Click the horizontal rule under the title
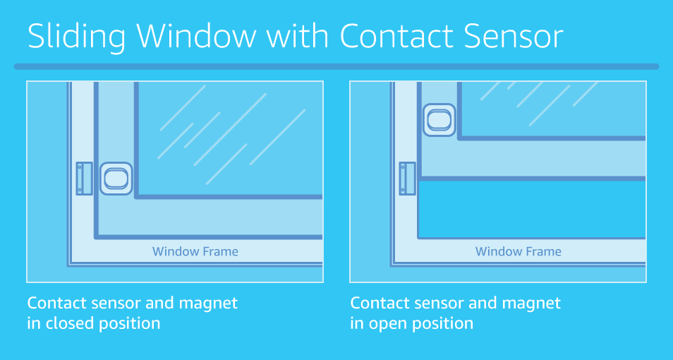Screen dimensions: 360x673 coord(336,67)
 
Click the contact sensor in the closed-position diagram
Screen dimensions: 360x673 coord(116,179)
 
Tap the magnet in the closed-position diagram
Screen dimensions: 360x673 coord(84,179)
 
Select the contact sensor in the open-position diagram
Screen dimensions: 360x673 coord(439,119)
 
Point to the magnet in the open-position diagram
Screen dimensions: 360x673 coord(407,179)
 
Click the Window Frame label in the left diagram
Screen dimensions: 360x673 coord(195,251)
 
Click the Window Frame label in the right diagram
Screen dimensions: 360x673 coord(519,251)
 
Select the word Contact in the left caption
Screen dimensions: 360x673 coord(56,303)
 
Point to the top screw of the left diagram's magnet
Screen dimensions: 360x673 coord(80,167)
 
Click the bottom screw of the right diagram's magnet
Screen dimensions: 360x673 coord(403,190)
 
